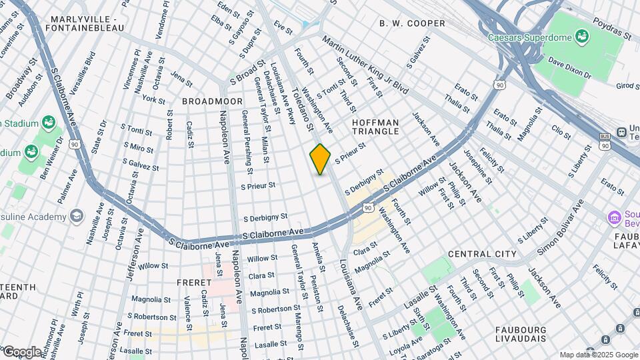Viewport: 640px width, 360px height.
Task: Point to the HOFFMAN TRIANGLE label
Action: point(375,127)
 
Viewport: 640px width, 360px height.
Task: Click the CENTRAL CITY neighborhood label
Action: point(482,254)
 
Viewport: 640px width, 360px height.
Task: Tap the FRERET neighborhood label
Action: point(194,282)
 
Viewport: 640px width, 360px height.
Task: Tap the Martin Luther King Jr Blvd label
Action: point(364,63)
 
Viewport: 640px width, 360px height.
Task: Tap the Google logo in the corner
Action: point(22,351)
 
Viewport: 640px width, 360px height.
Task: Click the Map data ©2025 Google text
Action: point(598,355)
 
